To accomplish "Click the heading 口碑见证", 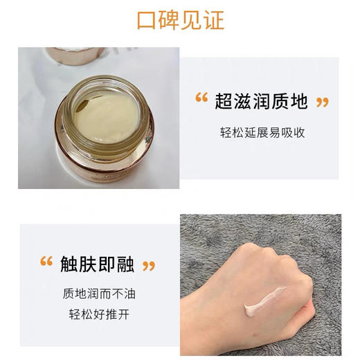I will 180,19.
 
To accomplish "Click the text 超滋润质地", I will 260,102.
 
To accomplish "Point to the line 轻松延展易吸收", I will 261,133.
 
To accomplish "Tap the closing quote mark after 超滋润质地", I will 321,102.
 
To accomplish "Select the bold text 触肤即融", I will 95,264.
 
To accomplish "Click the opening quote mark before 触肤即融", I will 46,262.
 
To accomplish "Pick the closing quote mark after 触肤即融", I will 148,265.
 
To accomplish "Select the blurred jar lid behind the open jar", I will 76,54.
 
